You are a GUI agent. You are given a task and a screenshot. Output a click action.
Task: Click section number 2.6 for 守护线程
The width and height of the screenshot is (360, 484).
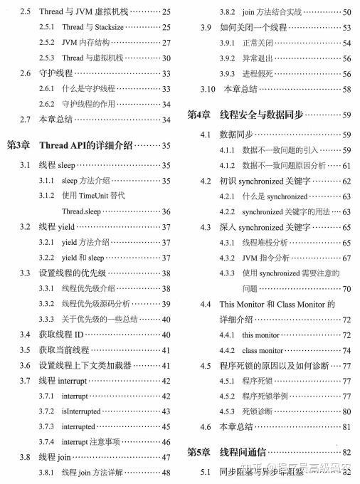tap(25, 73)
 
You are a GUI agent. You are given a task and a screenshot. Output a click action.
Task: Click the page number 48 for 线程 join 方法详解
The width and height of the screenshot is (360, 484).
tap(166, 472)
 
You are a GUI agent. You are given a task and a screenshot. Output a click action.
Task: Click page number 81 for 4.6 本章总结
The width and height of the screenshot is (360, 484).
tap(346, 427)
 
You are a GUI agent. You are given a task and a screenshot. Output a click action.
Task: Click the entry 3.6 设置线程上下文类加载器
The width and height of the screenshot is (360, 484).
tap(86, 365)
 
